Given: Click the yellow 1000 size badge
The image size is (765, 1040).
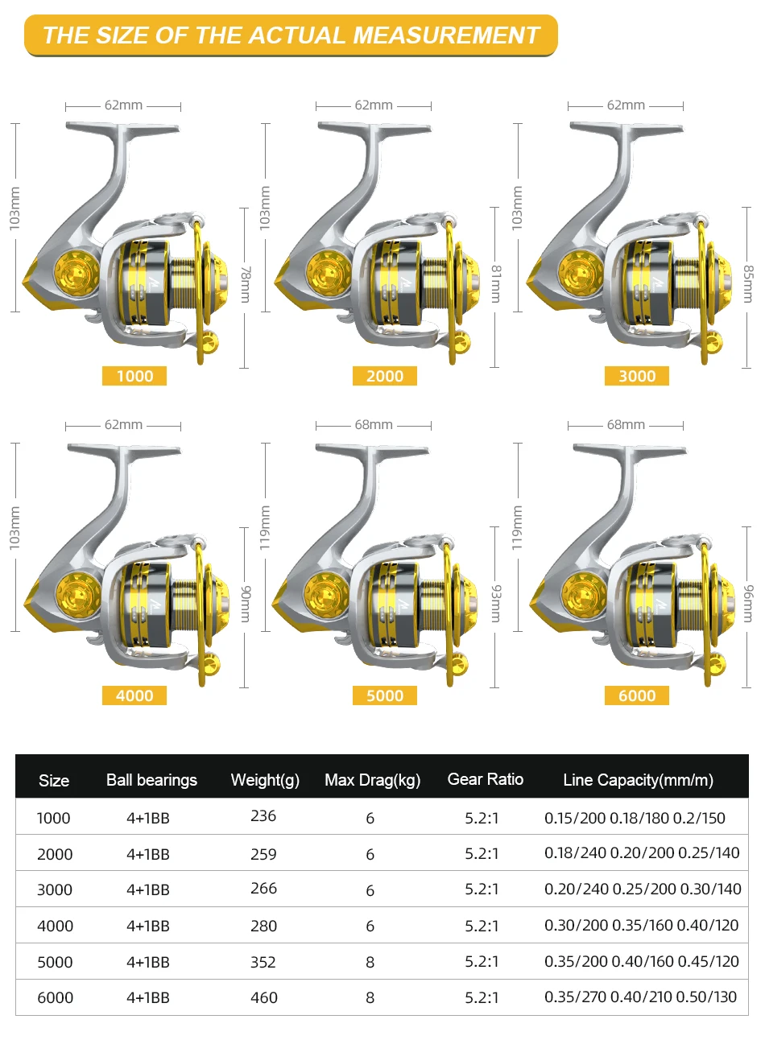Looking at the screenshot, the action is tap(134, 376).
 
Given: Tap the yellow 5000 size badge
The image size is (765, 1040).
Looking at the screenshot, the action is tap(385, 695).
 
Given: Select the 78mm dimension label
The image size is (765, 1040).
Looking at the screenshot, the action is tap(246, 285).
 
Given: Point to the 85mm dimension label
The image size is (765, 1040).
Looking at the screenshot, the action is tap(747, 284).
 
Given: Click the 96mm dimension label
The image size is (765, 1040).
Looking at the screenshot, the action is tap(747, 604).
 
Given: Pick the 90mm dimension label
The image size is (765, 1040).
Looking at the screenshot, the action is tap(246, 604).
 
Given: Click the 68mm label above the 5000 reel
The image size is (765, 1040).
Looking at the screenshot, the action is tap(374, 425).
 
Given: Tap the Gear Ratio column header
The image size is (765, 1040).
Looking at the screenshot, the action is tap(485, 779).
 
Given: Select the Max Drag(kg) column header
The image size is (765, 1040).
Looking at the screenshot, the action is tap(373, 780).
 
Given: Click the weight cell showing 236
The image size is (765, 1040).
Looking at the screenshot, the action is tap(263, 815).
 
